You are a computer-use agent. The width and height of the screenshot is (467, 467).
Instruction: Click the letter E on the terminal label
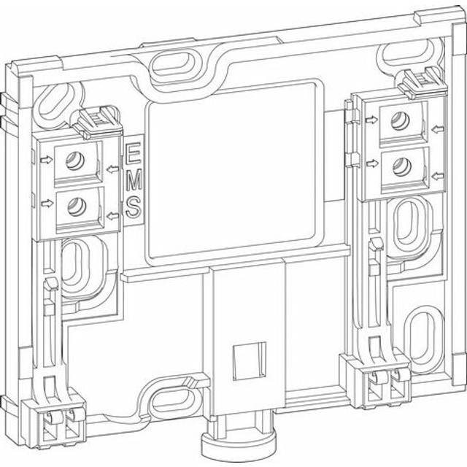pyautogui.click(x=134, y=155)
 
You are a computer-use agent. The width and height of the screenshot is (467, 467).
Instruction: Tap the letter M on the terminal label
pyautogui.click(x=134, y=180)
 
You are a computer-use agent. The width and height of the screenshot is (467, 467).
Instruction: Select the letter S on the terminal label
pyautogui.click(x=134, y=207)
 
